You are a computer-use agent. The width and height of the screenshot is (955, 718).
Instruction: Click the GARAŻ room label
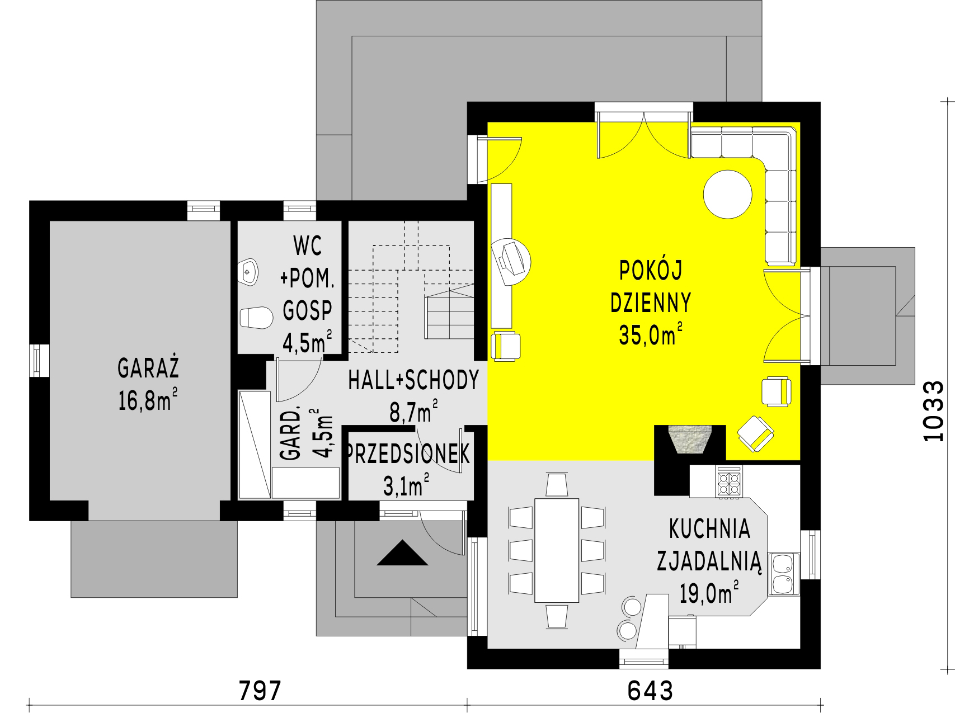click(x=148, y=369)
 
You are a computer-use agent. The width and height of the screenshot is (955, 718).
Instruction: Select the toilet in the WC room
click(x=256, y=318)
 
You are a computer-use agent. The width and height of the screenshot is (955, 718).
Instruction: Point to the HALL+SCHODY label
click(x=414, y=380)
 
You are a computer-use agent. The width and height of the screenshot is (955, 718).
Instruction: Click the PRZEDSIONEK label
click(x=408, y=455)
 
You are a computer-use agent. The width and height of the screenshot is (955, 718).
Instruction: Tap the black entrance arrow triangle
click(x=402, y=553)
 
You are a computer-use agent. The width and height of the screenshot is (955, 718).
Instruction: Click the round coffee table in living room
click(x=727, y=194)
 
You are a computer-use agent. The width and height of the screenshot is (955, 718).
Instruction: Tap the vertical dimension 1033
click(x=933, y=411)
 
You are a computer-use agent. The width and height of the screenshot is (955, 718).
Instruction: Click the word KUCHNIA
click(x=709, y=528)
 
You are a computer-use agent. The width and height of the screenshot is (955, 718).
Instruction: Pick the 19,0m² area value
click(x=709, y=592)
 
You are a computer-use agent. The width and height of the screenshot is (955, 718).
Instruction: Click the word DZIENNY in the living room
click(x=651, y=303)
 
